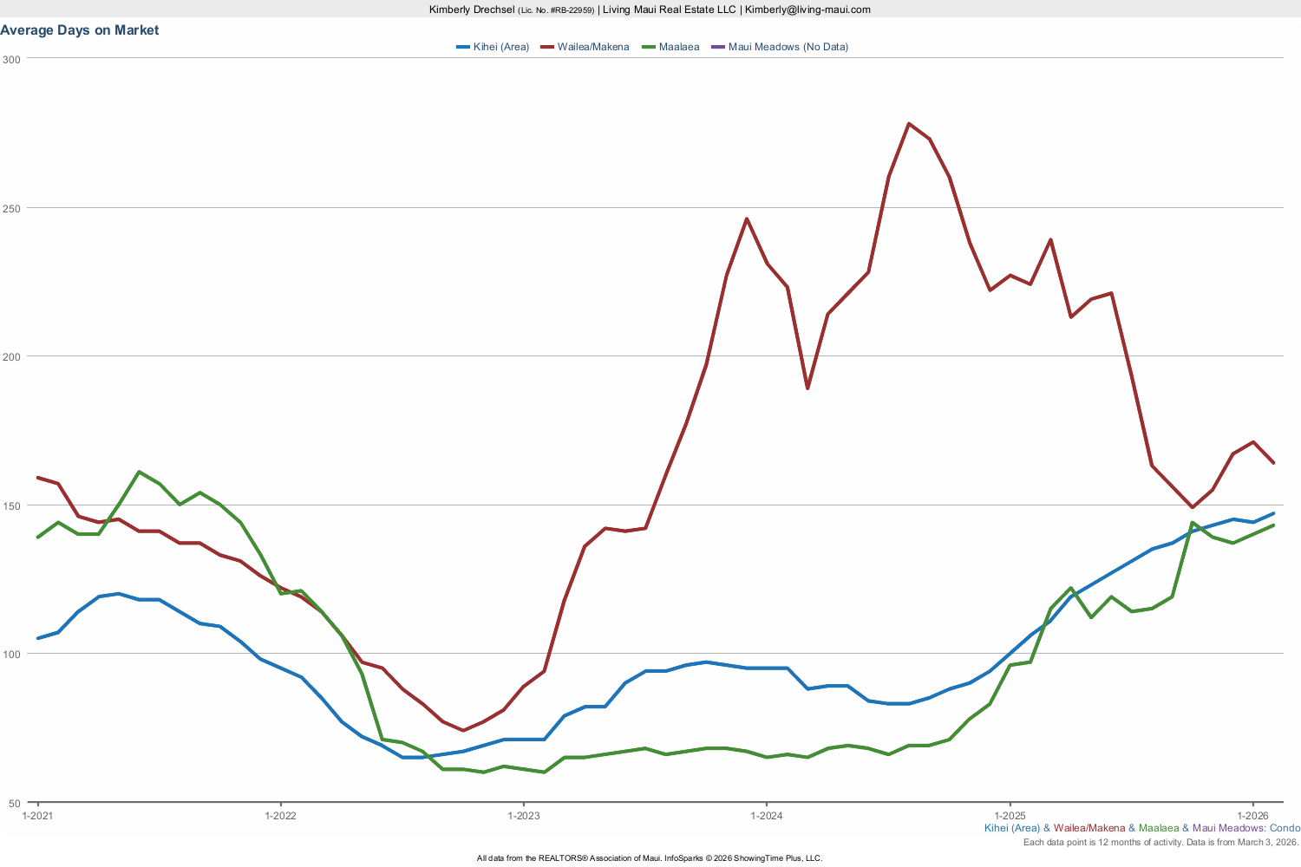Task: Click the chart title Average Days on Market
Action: (x=80, y=30)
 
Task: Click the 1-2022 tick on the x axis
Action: (x=280, y=816)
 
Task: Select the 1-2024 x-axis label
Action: (x=766, y=816)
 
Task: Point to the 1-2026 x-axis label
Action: (x=1252, y=816)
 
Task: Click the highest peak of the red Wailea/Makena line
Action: (x=909, y=124)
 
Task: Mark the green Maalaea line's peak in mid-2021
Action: (x=140, y=472)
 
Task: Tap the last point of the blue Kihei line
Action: (x=1273, y=513)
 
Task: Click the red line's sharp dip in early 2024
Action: (x=807, y=388)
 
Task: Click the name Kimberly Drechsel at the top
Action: (x=472, y=10)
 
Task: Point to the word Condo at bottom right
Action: (x=1285, y=828)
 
